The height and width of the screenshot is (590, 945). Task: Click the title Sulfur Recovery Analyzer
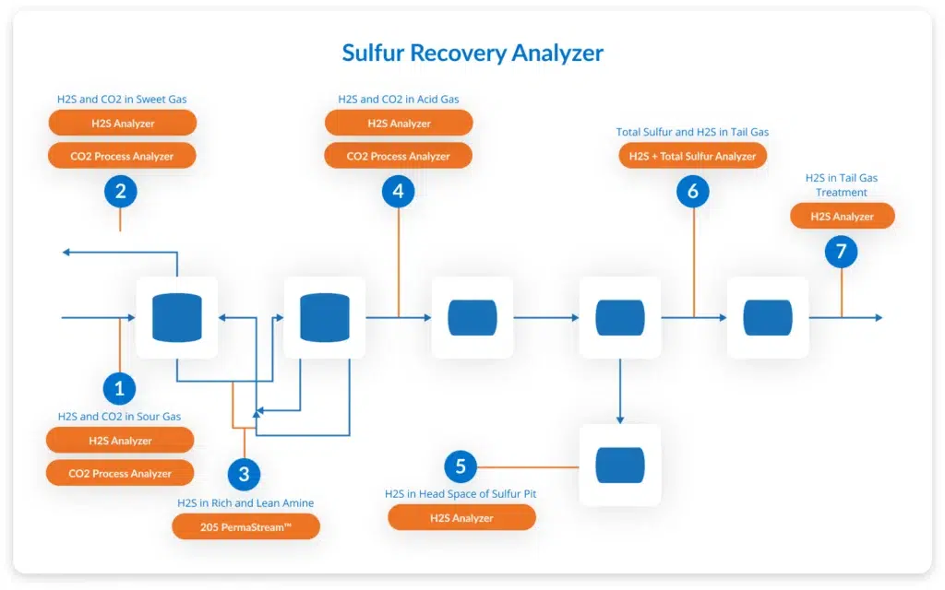(x=472, y=53)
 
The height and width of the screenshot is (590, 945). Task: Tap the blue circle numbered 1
(x=119, y=388)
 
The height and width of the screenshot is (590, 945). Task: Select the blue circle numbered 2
(x=121, y=192)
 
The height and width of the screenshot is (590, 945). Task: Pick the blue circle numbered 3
(x=244, y=475)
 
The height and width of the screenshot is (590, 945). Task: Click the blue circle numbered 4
(x=399, y=192)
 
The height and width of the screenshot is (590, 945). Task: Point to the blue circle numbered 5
(x=461, y=466)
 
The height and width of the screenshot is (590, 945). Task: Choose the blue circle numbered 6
(x=693, y=192)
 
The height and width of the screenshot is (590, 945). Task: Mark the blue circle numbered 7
(x=842, y=252)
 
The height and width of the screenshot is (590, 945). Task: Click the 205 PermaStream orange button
(x=245, y=526)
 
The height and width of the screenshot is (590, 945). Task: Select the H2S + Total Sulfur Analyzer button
(x=692, y=156)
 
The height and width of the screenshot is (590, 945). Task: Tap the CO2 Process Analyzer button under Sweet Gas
(x=122, y=156)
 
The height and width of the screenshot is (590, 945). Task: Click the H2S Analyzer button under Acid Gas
(x=399, y=123)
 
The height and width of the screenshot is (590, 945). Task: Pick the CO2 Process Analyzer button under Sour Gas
(x=120, y=473)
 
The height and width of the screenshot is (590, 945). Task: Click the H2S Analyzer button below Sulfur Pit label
(x=461, y=518)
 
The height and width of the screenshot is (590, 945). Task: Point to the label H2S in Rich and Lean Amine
(x=245, y=502)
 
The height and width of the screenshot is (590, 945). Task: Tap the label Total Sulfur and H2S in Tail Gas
(x=692, y=132)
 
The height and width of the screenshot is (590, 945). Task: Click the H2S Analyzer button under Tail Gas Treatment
(x=842, y=216)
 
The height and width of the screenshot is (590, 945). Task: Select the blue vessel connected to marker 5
(x=620, y=466)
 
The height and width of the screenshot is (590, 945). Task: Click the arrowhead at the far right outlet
(x=879, y=317)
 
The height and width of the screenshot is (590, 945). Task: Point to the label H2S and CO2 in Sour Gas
(x=119, y=416)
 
